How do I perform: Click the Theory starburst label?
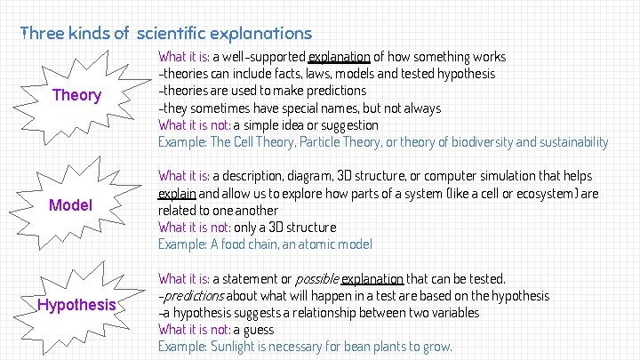[76, 95]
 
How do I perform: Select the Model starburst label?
[70, 205]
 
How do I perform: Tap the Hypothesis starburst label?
[76, 306]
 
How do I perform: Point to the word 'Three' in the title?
[44, 34]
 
